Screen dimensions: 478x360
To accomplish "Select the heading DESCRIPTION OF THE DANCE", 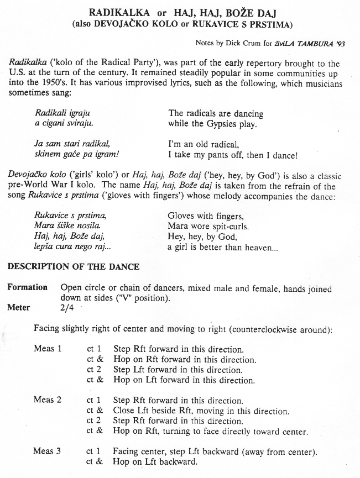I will tap(73, 266).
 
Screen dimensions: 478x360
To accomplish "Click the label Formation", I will tap(27, 288).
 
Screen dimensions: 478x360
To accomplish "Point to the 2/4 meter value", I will tap(67, 308).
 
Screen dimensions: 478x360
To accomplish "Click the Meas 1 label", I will tap(47, 349).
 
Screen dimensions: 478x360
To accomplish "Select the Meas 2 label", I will tap(47, 400).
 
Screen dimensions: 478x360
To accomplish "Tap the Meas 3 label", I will tap(47, 451).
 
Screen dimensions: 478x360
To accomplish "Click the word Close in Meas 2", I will tap(123, 411).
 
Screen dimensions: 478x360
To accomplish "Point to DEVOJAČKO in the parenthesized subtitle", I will tap(123, 24).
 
